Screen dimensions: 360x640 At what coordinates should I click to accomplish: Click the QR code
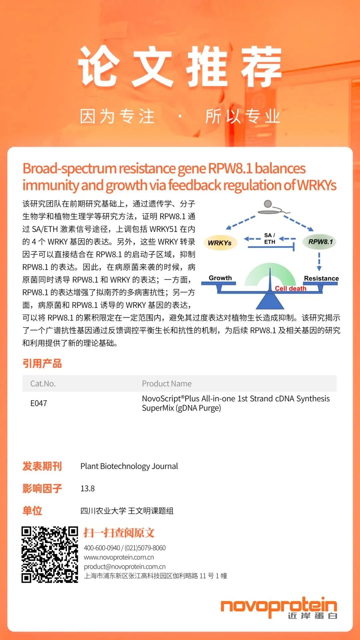click(x=50, y=555)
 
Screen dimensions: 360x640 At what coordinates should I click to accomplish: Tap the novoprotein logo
click(x=279, y=608)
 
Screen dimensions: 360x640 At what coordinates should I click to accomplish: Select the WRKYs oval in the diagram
click(x=220, y=243)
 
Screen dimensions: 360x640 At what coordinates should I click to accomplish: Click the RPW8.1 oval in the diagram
click(x=320, y=242)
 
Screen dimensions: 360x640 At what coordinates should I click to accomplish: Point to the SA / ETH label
click(x=270, y=239)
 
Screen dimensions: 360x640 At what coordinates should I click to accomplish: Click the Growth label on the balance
click(x=220, y=278)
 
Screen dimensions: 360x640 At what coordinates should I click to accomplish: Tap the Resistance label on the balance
click(x=321, y=278)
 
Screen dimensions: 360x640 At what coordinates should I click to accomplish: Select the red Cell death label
click(x=290, y=288)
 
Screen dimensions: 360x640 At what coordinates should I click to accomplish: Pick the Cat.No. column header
click(x=43, y=384)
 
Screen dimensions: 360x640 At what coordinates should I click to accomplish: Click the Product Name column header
click(x=167, y=384)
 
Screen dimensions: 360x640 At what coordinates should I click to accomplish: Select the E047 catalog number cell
click(x=39, y=403)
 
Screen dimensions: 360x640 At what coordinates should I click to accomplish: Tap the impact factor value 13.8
click(x=88, y=489)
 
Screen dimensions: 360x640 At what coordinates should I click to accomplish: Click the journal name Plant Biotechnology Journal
click(x=129, y=466)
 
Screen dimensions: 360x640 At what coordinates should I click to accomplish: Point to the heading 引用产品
click(x=42, y=363)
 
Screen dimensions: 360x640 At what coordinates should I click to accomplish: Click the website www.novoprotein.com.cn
click(x=119, y=557)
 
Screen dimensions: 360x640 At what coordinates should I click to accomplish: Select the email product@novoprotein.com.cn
click(x=125, y=567)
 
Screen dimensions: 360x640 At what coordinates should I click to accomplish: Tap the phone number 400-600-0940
click(x=102, y=548)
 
